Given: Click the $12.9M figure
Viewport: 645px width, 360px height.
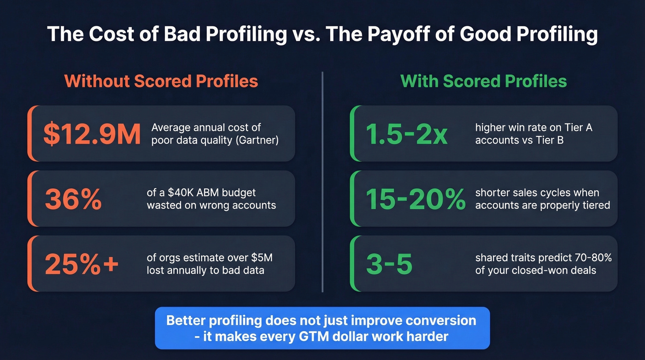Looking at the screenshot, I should coord(92,134).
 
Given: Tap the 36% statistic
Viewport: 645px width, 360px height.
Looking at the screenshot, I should coord(73,199).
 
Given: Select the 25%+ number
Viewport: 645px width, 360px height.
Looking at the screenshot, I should coord(82,264).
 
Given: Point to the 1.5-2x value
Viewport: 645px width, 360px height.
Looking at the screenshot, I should coord(406,134).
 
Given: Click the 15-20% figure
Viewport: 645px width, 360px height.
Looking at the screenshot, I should coord(416,199).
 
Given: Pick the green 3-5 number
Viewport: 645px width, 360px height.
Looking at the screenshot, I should coord(389,264).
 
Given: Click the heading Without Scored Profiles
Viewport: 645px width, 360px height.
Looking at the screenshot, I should coord(161,81).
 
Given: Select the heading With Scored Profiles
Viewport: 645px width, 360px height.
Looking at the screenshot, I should coord(483,81).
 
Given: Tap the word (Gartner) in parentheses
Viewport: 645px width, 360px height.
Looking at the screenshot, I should coord(257,140).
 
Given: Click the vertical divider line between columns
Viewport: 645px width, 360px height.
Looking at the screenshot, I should coord(322,182).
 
